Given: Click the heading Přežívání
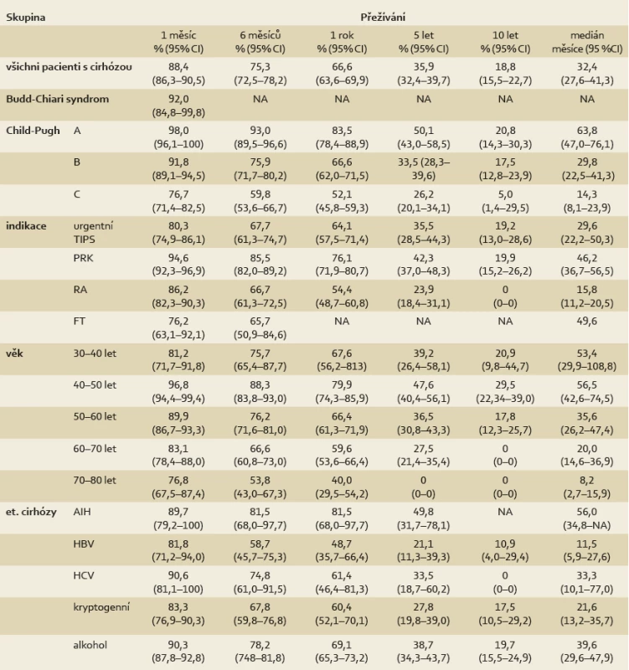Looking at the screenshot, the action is click(383, 18).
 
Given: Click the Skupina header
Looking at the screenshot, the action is click(26, 18).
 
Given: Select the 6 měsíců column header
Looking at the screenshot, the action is click(260, 42).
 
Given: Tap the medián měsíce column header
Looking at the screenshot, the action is click(586, 42).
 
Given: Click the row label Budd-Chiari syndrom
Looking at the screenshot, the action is click(57, 99).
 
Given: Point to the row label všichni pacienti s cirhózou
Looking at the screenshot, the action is click(69, 67).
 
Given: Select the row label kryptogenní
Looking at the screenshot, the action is click(101, 607).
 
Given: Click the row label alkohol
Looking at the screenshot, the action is click(90, 645).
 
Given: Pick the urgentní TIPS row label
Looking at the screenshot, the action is click(93, 233).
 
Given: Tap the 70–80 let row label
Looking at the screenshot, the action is click(95, 480).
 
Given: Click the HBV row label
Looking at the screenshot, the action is click(84, 544).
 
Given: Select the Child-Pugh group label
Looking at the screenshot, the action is click(33, 131).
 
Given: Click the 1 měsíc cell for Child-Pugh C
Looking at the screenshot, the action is click(178, 201).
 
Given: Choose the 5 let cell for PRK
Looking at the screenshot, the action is click(424, 265).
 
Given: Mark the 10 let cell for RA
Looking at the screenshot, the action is click(505, 296).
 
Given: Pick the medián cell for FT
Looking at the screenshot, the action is click(586, 322).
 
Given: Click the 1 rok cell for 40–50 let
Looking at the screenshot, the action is click(342, 391).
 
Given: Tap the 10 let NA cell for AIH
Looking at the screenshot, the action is click(505, 512).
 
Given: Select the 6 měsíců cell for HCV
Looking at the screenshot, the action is click(260, 582).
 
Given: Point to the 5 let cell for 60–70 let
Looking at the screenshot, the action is click(424, 455).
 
